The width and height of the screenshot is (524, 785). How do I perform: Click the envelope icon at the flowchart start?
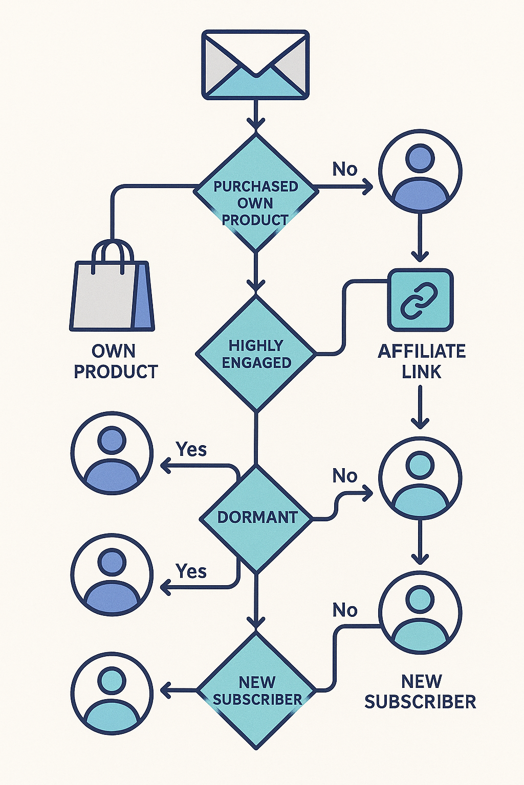pyautogui.click(x=255, y=64)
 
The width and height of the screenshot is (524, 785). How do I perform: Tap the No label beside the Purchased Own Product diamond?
pyautogui.click(x=344, y=169)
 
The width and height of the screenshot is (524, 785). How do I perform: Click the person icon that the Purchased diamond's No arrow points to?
pyautogui.click(x=420, y=171)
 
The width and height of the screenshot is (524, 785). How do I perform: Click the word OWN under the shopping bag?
pyautogui.click(x=114, y=351)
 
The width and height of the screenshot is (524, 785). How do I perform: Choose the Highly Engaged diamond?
pyautogui.click(x=255, y=354)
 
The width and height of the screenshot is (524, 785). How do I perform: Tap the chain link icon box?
pyautogui.click(x=420, y=300)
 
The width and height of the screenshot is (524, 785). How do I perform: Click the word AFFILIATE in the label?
pyautogui.click(x=422, y=351)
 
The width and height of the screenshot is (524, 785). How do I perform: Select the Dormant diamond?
pyautogui.click(x=255, y=518)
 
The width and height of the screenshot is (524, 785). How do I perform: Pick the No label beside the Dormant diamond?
pyautogui.click(x=344, y=476)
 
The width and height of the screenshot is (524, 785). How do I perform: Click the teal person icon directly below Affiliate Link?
pyautogui.click(x=420, y=478)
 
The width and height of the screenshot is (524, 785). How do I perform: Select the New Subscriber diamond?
pyautogui.click(x=256, y=691)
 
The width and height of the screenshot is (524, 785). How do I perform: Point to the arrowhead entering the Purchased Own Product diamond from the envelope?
pyautogui.click(x=255, y=124)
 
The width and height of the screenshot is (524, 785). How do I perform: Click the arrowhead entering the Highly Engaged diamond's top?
pyautogui.click(x=255, y=285)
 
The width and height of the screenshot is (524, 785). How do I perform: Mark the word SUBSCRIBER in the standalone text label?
pyautogui.click(x=420, y=702)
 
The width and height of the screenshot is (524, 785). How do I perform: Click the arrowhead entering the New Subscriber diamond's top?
pyautogui.click(x=256, y=622)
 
